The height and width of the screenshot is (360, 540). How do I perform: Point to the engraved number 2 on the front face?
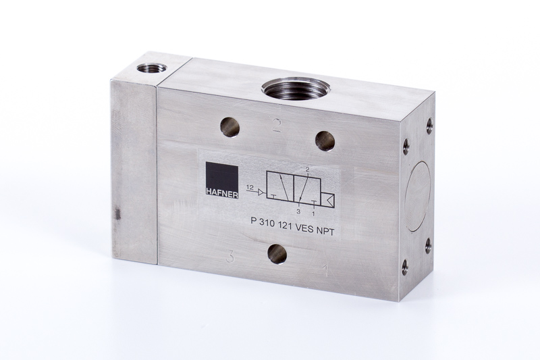click(277, 125)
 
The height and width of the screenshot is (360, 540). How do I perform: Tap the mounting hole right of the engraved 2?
click(325, 141)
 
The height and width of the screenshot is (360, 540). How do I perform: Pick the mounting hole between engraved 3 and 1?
click(277, 254)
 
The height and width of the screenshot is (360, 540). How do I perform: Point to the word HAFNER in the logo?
click(222, 195)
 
